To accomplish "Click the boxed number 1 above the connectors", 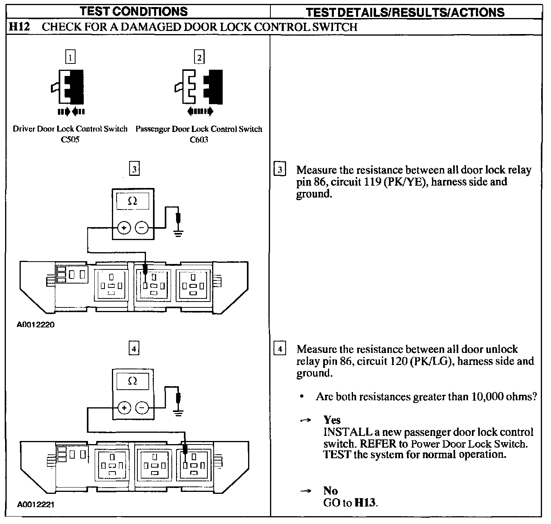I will [70, 57].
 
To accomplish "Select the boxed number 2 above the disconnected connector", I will [199, 57].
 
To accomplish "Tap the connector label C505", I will [70, 139].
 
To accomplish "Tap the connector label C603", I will [199, 139].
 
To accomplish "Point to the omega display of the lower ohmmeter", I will [133, 381].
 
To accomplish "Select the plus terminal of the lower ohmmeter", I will [124, 408].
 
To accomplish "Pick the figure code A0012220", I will [36, 325].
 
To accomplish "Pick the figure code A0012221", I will [36, 504].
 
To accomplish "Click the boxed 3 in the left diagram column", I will [134, 169].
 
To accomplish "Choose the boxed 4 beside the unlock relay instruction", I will [279, 349].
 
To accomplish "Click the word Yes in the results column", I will [332, 420].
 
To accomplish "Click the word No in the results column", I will [331, 491].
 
